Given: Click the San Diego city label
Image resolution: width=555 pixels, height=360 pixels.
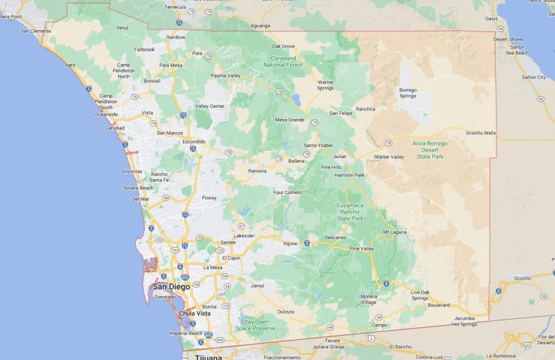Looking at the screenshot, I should (x=171, y=286).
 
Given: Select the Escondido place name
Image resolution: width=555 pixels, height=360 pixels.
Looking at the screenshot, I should (x=193, y=141).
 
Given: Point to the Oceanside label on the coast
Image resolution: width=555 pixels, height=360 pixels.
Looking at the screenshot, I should (x=106, y=114).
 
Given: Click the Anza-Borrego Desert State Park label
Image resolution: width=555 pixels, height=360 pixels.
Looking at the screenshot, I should (x=429, y=150).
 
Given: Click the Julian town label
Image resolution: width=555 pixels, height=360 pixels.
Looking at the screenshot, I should (x=340, y=156).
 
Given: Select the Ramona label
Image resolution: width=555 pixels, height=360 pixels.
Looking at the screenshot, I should (x=257, y=171).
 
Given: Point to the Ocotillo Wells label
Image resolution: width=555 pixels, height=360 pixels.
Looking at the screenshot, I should (x=481, y=133).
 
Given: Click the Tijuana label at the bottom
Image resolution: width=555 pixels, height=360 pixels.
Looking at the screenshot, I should (x=208, y=357).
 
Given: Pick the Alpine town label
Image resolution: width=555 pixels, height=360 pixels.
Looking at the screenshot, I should (x=290, y=243).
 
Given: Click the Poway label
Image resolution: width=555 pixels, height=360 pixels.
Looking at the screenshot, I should (x=209, y=197).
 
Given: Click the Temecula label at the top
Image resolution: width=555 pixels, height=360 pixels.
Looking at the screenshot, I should (x=174, y=7).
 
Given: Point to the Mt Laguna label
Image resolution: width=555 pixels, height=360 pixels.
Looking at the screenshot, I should (x=394, y=231).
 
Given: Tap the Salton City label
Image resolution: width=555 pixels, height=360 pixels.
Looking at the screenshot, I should (x=533, y=77).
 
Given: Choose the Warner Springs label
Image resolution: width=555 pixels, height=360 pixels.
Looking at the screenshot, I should (x=325, y=85).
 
